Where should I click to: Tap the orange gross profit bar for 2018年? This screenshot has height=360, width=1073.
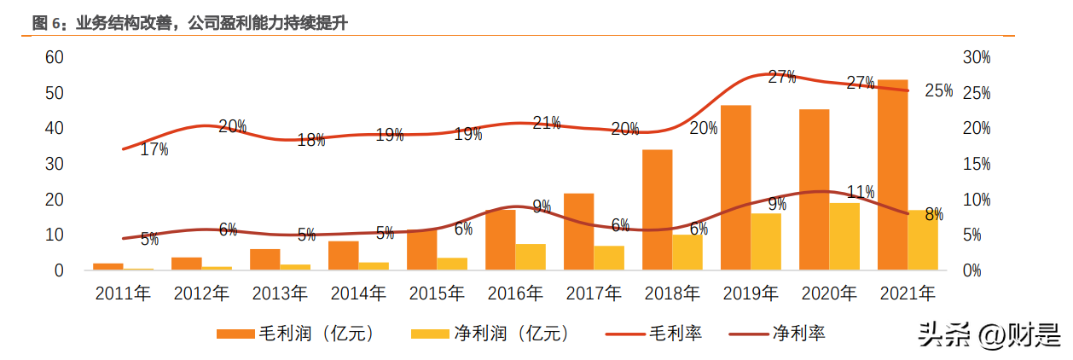657,210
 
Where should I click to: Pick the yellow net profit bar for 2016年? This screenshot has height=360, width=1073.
531,257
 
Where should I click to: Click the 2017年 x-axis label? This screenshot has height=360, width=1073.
594,294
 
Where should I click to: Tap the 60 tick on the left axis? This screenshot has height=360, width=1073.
55,57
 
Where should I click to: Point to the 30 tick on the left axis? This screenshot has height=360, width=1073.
55,164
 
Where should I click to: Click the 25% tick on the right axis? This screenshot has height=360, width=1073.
976,93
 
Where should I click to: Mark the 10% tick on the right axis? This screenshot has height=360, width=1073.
976,200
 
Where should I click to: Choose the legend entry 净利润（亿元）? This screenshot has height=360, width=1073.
490,334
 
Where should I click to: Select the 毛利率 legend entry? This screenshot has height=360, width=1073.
654,334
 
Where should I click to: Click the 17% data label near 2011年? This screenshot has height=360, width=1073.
154,149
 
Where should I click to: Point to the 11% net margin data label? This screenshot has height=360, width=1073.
860,192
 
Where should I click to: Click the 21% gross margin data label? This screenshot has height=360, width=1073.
546,123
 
